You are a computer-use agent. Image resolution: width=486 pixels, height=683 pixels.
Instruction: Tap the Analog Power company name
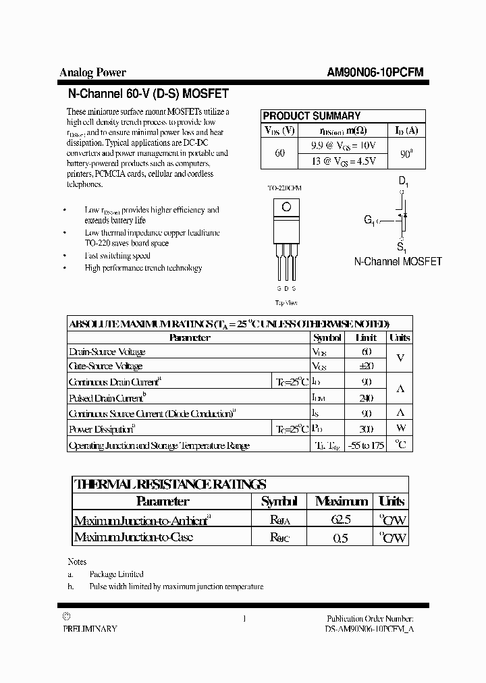[x=93, y=73]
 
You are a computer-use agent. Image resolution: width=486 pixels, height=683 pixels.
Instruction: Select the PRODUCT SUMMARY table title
[x=311, y=115]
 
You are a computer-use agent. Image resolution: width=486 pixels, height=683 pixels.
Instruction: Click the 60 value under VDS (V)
[x=279, y=153]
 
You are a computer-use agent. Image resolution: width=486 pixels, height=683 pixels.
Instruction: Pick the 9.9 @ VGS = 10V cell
[x=343, y=146]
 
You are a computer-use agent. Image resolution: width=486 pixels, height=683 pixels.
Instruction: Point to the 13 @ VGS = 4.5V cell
[x=343, y=161]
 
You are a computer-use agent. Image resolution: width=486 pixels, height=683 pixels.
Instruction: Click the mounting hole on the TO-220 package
[x=286, y=207]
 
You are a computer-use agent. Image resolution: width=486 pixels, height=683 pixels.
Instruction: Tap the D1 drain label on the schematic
[x=403, y=182]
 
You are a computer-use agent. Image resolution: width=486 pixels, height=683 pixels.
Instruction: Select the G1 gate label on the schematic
[x=371, y=219]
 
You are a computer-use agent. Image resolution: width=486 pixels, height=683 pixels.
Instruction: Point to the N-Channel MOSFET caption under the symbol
[x=398, y=261]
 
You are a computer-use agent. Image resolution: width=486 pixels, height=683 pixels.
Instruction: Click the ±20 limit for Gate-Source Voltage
[x=366, y=366]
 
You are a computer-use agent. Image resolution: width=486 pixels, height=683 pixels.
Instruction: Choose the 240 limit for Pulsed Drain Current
[x=366, y=398]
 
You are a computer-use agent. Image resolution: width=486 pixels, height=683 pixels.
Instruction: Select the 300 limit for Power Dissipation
[x=366, y=429]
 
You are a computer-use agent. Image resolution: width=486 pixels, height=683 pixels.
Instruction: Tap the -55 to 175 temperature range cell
[x=366, y=445]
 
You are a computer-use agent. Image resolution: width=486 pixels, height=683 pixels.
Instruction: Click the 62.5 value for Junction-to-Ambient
[x=341, y=520]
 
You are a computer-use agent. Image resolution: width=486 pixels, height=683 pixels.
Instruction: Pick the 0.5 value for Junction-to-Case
[x=341, y=538]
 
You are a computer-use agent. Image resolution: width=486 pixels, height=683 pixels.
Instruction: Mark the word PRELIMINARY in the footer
[x=90, y=628]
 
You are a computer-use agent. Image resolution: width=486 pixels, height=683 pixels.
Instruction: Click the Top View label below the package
[x=286, y=303]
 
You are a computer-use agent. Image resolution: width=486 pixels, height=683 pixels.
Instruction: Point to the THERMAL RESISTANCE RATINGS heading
[x=169, y=484]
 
